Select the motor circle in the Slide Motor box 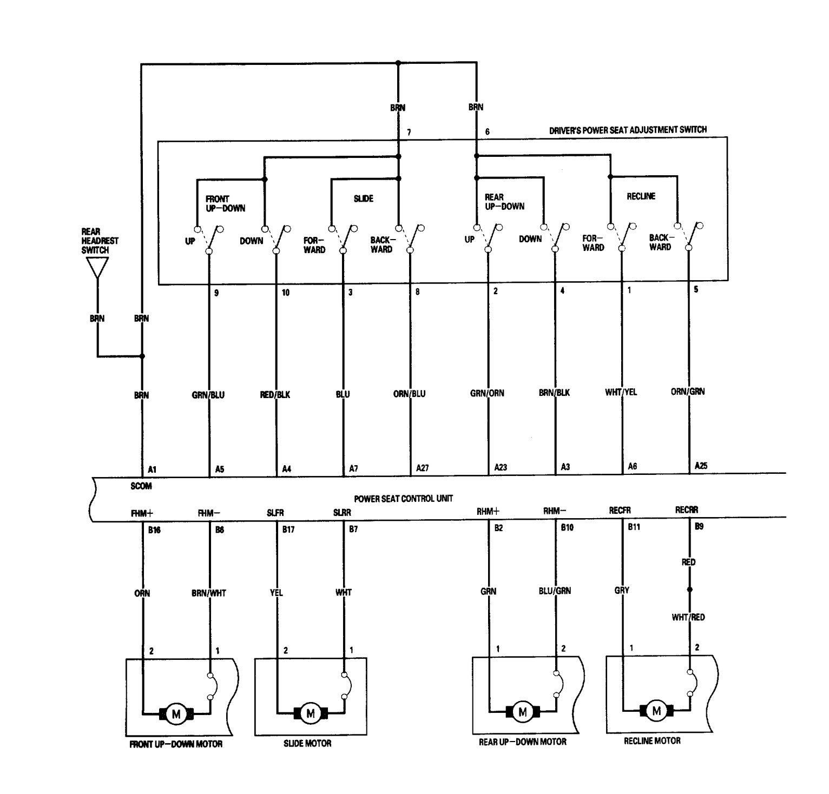311,713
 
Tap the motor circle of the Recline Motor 657,711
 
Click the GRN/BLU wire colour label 208,395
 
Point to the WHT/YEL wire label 621,392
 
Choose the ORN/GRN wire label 688,391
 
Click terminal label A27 422,468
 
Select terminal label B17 288,530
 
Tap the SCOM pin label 141,486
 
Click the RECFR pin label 620,511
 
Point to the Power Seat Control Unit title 404,498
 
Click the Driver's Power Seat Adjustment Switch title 628,130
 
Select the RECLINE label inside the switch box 641,196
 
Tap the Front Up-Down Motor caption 176,744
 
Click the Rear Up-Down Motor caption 522,742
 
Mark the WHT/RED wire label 688,617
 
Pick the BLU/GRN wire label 555,591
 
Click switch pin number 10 286,293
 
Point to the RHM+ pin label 488,511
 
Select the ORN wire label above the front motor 142,593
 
